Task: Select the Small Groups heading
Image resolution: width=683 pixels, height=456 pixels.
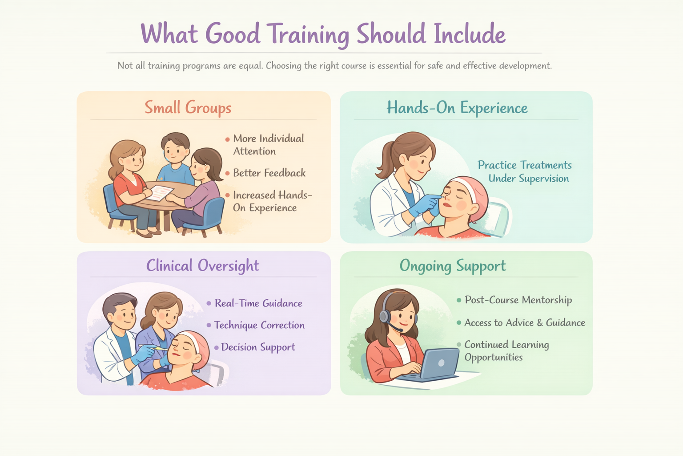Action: [x=188, y=107]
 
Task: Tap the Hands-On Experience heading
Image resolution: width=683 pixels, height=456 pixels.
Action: [x=457, y=108]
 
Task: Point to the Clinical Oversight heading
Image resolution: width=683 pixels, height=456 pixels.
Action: [x=202, y=265]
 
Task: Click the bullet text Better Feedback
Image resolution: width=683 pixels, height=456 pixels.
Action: [x=269, y=173]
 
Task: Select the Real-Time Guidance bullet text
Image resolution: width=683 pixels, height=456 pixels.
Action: [x=258, y=303]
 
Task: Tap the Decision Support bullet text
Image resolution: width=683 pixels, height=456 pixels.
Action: [x=258, y=347]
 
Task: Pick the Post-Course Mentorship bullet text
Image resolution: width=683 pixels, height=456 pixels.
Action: [x=518, y=300]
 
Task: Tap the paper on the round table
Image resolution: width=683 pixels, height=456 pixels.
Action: [x=160, y=193]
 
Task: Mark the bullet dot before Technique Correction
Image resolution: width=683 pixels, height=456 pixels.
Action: [x=209, y=325]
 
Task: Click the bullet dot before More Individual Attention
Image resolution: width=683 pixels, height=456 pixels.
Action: [x=228, y=139]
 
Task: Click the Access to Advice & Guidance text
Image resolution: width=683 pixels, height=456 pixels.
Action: [x=524, y=322]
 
